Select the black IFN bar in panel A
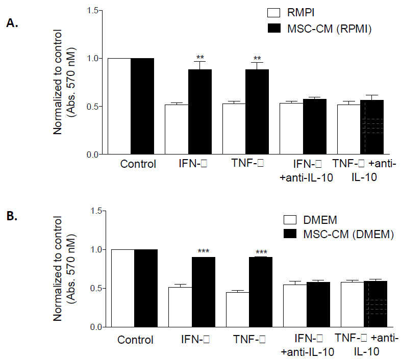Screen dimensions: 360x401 (200, 112)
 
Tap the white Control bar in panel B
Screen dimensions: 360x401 (122, 288)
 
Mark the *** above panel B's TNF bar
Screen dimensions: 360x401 (261, 252)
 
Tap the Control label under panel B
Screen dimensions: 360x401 (135, 340)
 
